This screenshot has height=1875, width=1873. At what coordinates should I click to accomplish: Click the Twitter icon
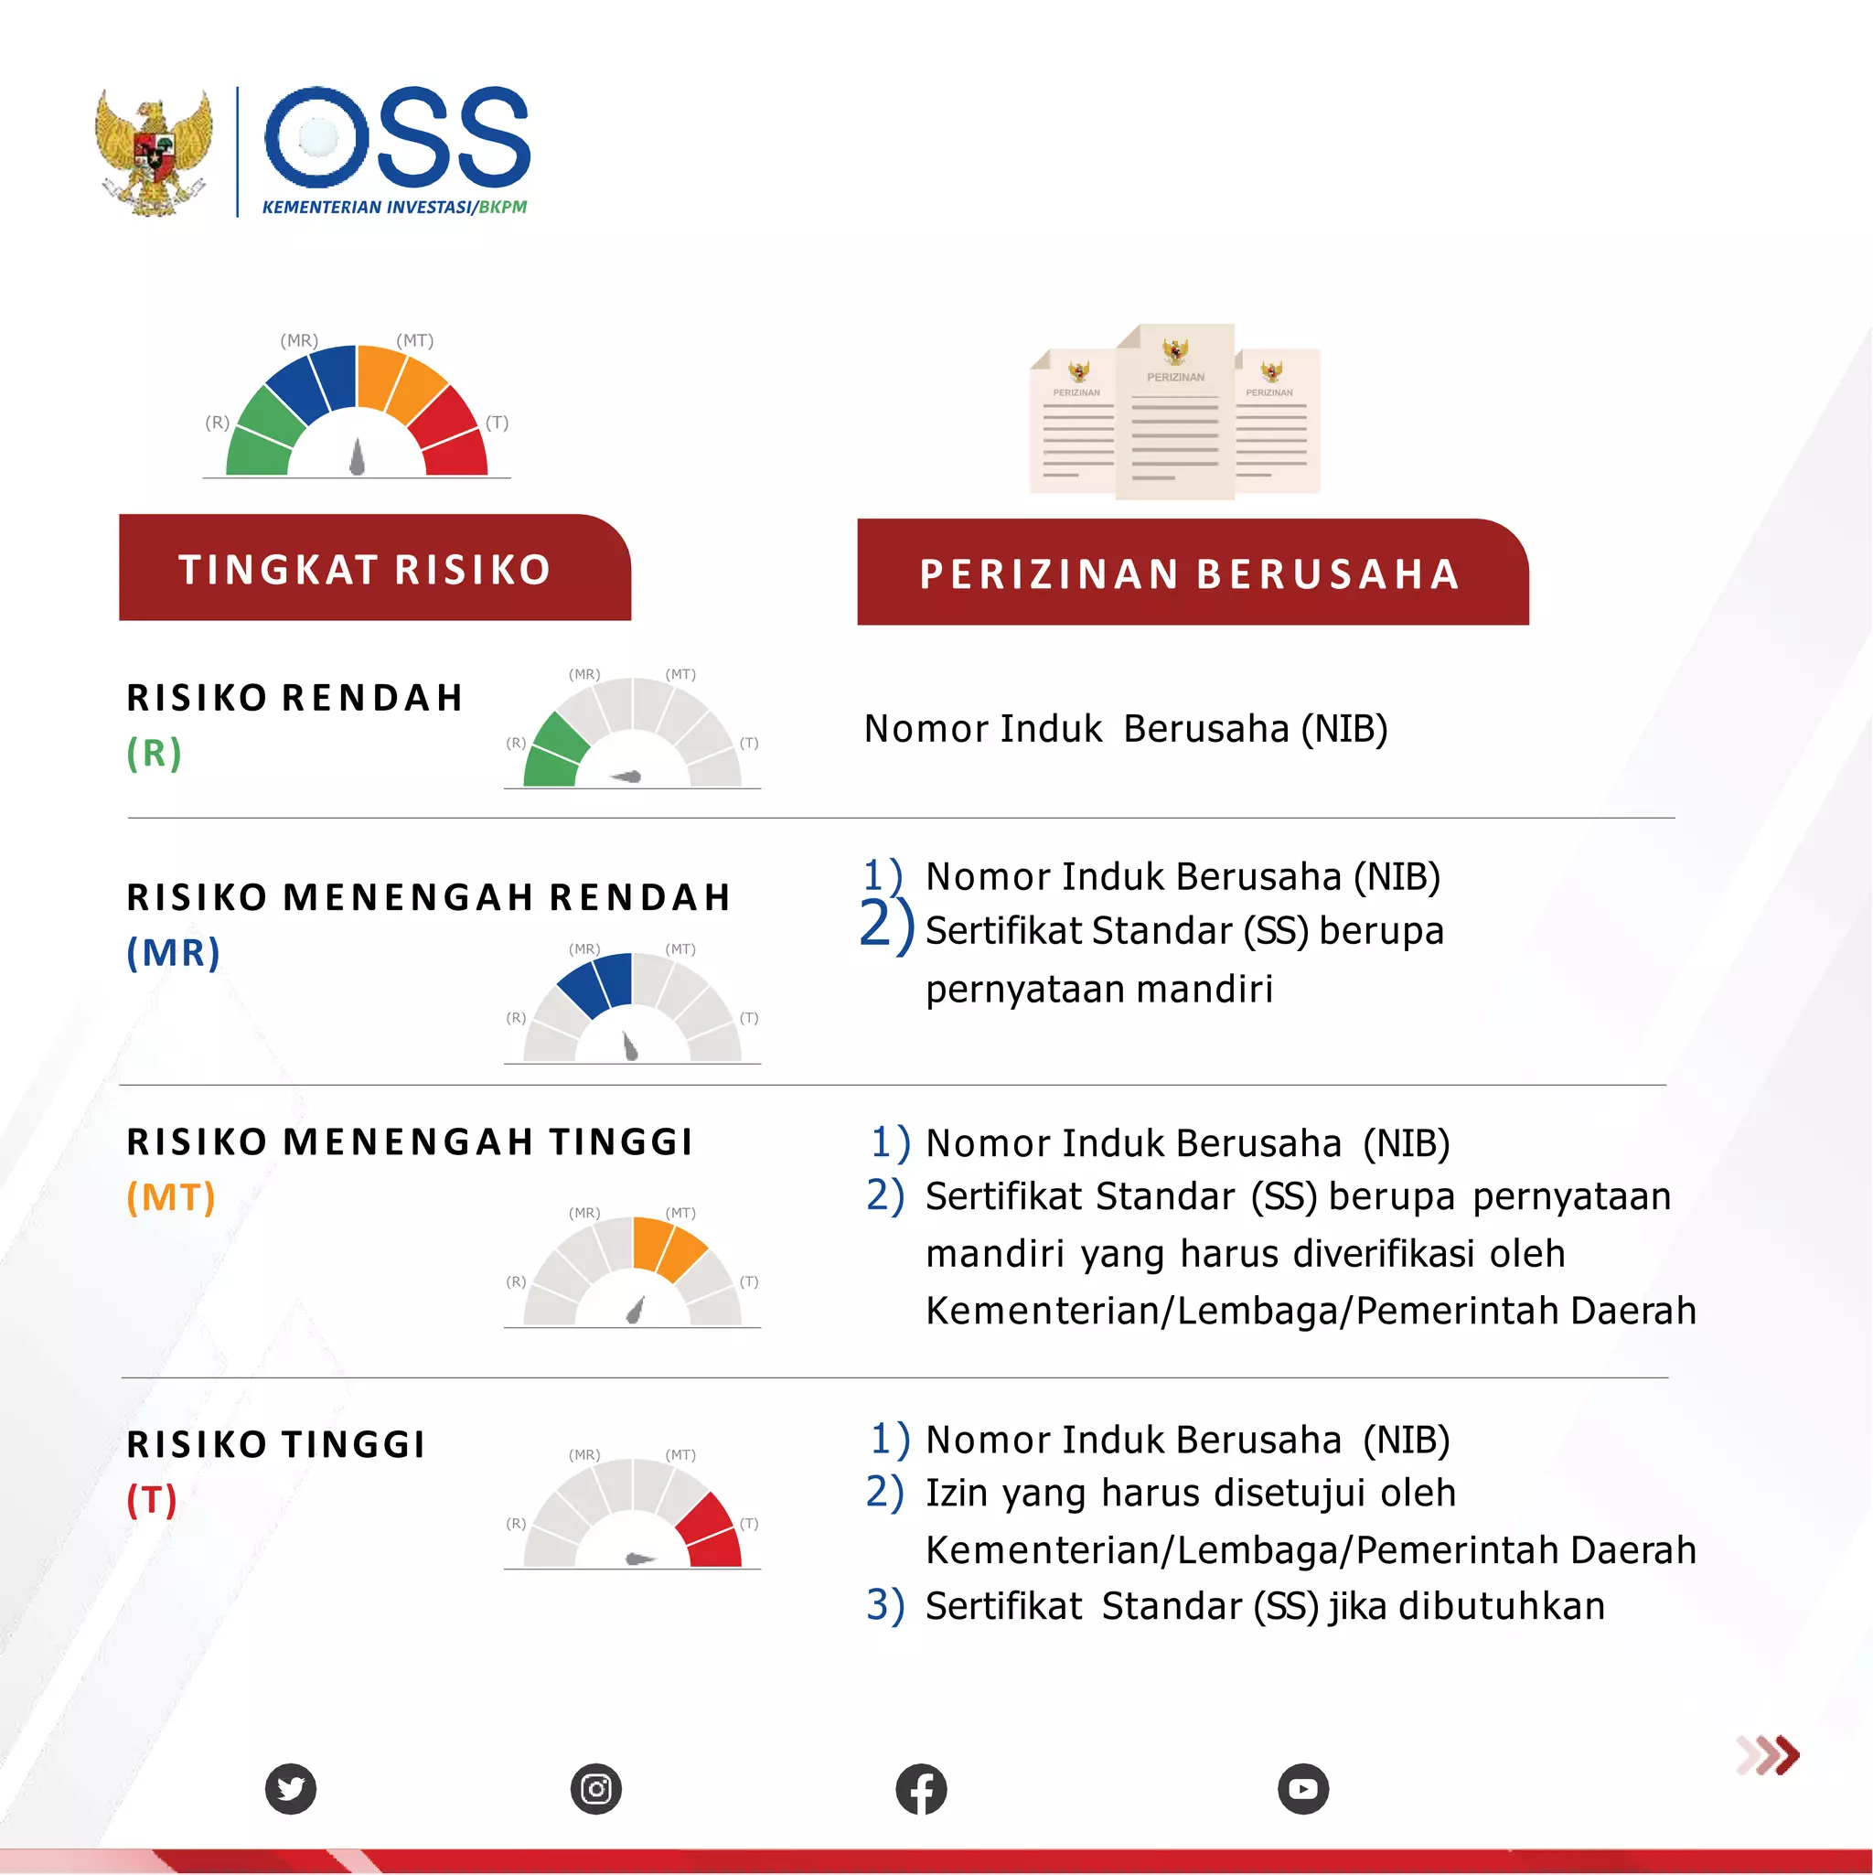(291, 1788)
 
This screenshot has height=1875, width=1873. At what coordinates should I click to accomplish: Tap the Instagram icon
(596, 1788)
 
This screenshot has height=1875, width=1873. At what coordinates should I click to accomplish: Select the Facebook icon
(921, 1788)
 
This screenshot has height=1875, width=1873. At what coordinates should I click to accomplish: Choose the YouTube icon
(1302, 1788)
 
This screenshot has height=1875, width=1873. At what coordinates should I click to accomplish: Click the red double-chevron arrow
(1768, 1754)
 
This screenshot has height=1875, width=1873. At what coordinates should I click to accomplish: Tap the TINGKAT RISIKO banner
(374, 569)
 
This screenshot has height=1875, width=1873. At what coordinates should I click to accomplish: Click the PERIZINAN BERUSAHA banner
(1192, 573)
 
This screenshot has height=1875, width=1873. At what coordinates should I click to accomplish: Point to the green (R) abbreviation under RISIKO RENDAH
(155, 753)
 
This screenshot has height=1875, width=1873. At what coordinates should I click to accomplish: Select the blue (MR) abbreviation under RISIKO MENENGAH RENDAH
(174, 953)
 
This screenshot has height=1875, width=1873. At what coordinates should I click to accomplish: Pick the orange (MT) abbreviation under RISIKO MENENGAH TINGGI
(171, 1197)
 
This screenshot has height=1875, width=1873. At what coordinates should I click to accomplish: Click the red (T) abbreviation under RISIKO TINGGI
(153, 1500)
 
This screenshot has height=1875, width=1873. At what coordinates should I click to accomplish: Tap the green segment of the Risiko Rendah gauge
(554, 752)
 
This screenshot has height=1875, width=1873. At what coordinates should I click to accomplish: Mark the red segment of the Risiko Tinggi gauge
(710, 1530)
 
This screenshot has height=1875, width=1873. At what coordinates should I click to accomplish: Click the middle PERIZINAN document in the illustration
(1174, 412)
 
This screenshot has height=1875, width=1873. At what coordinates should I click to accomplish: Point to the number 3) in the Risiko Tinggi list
(885, 1606)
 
